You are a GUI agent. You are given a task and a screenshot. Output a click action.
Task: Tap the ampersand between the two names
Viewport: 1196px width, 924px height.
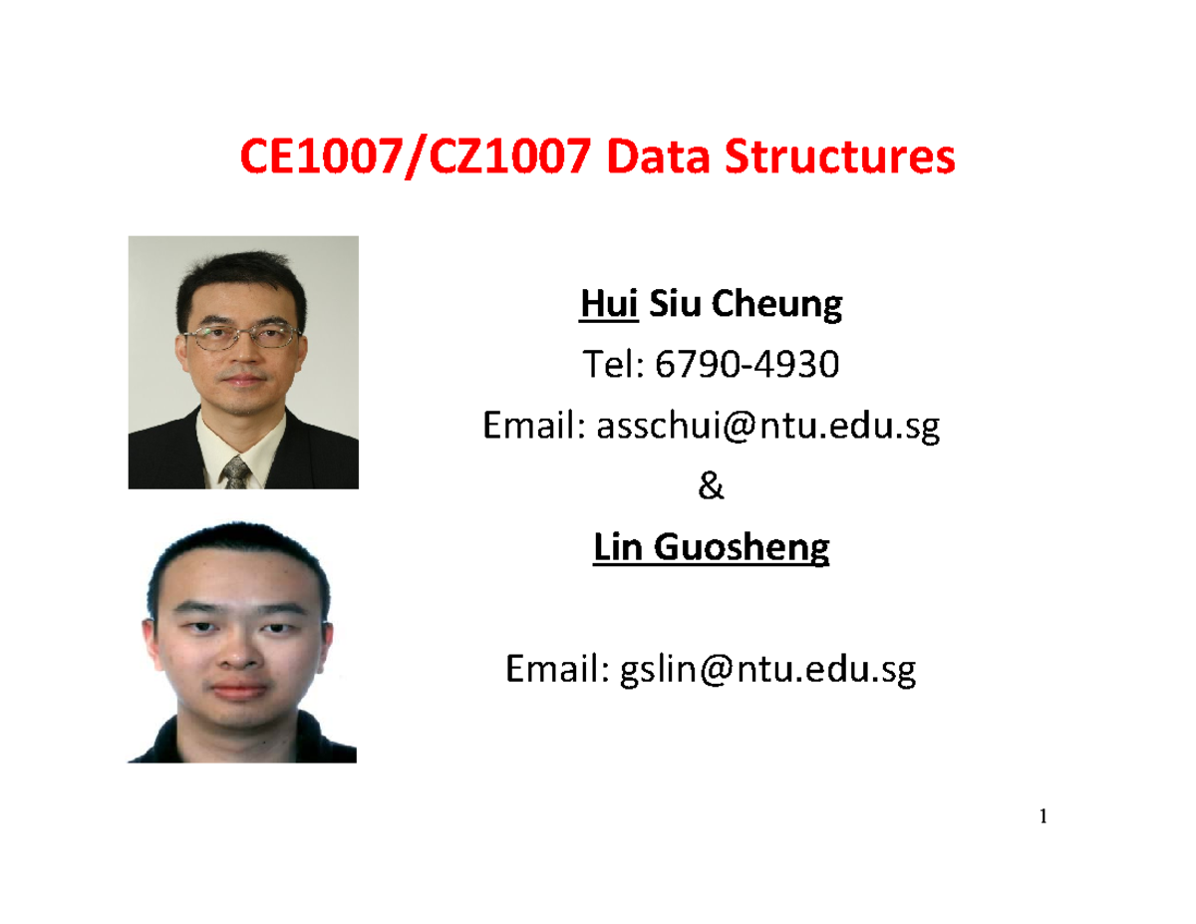pos(710,488)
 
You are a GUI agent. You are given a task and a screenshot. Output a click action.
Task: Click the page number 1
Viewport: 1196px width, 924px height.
pos(1044,818)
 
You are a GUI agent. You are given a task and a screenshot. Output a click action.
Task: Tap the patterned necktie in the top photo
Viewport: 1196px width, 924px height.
pos(236,472)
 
